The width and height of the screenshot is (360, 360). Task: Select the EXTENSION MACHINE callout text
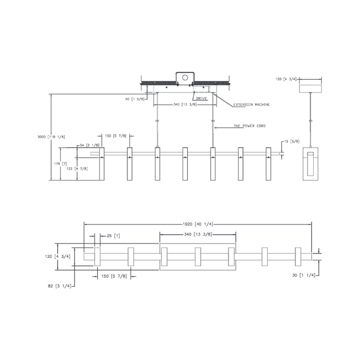(x=251, y=104)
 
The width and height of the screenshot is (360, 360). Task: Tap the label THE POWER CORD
(x=249, y=126)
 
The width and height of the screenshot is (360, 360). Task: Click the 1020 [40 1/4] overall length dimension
(x=198, y=224)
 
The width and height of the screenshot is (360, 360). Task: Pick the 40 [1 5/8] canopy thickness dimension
(x=134, y=98)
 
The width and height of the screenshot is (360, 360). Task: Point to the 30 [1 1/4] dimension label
(x=303, y=276)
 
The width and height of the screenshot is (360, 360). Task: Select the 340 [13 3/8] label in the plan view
(x=197, y=236)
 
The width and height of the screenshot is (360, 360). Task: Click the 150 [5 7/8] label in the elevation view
(x=115, y=136)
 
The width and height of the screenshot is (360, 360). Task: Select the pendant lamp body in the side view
(x=311, y=164)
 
